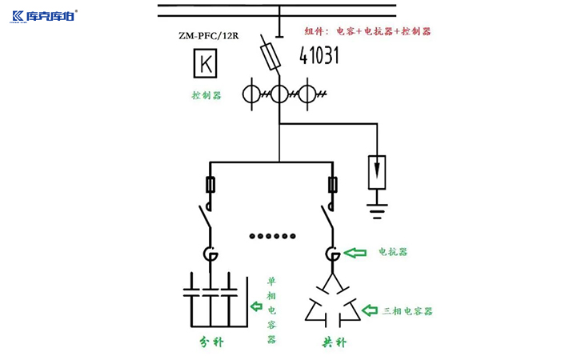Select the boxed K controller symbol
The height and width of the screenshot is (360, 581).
(206, 64)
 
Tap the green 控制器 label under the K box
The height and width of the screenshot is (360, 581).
(206, 95)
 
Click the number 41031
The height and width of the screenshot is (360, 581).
(320, 55)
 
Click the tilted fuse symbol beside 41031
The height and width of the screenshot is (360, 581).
(270, 55)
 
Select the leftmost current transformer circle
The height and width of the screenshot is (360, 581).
(253, 94)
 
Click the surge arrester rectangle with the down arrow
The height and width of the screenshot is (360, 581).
(376, 170)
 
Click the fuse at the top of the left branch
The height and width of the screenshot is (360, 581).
(211, 186)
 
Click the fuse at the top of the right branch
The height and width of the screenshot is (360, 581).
(332, 186)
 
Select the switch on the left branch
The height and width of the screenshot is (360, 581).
(206, 217)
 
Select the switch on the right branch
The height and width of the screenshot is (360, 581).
(328, 217)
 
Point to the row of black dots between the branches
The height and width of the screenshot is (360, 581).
(272, 236)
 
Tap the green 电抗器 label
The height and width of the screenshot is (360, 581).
(393, 251)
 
